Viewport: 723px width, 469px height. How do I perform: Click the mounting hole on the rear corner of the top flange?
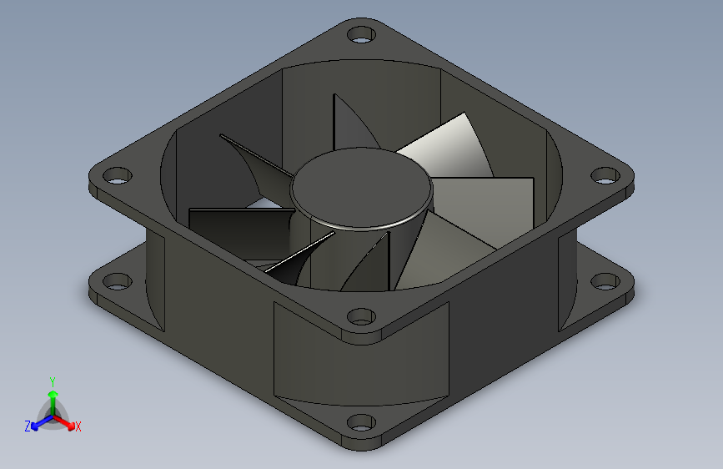[360, 36]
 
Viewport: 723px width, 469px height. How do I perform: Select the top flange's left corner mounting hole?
[118, 176]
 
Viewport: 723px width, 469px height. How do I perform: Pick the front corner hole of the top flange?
[360, 317]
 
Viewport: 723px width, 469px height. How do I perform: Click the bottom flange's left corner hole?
[118, 281]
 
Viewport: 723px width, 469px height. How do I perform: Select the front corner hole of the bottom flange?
[360, 422]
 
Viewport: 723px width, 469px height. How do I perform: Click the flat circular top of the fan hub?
[362, 187]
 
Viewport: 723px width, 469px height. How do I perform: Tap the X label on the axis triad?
[78, 426]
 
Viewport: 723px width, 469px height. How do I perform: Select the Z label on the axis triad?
[28, 426]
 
